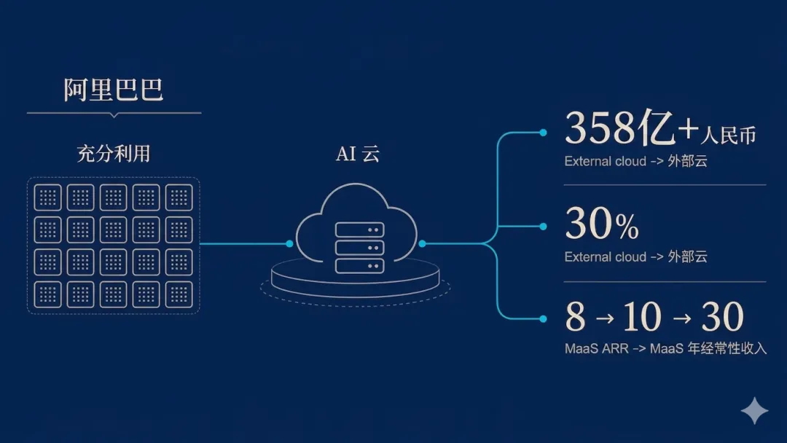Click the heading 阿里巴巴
[114, 90]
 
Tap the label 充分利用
[114, 154]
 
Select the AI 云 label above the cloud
[358, 154]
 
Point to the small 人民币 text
[728, 136]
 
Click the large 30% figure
[602, 224]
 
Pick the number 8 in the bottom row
[575, 316]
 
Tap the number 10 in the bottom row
[643, 316]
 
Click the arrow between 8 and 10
[605, 318]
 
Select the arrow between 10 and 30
[681, 318]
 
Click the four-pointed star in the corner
[754, 410]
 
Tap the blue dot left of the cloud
[289, 243]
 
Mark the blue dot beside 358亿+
[543, 133]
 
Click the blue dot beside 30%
[543, 227]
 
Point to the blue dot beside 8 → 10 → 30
[543, 318]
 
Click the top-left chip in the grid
[47, 197]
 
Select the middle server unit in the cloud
[359, 248]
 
